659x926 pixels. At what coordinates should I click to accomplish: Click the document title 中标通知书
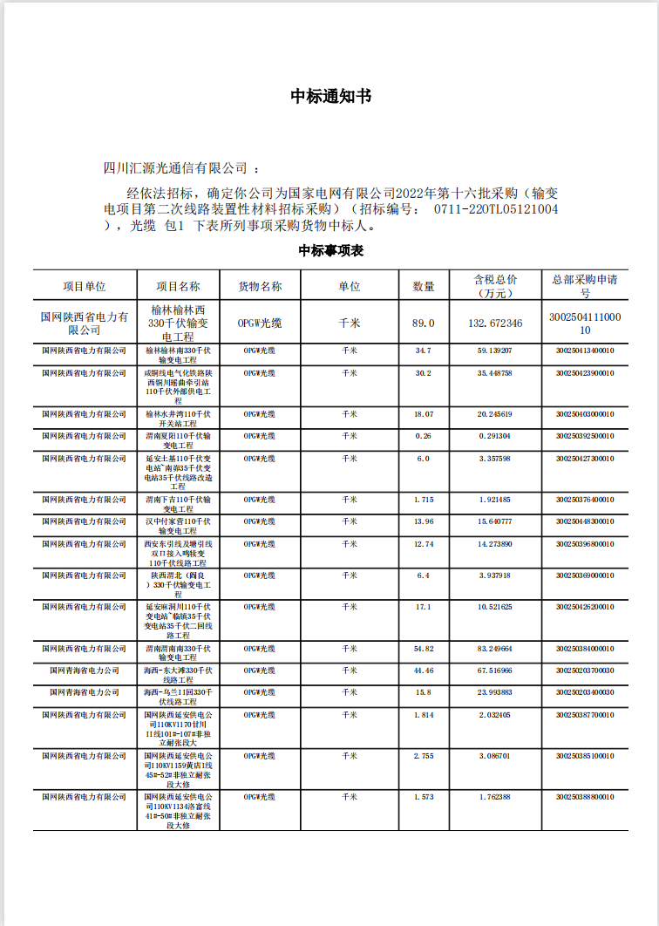click(x=330, y=96)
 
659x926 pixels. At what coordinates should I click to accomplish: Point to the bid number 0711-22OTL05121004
click(x=496, y=209)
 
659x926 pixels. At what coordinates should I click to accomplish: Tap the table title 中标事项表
click(x=330, y=251)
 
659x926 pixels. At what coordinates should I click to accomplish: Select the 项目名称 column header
click(x=178, y=286)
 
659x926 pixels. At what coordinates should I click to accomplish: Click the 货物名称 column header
click(x=260, y=286)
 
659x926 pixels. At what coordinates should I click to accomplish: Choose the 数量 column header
click(x=424, y=286)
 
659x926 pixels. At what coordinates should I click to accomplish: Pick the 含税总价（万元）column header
click(x=495, y=286)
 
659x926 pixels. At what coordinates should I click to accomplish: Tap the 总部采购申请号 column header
click(x=585, y=286)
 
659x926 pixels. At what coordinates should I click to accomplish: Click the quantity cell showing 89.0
click(x=424, y=323)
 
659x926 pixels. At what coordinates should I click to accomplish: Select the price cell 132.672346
click(x=495, y=323)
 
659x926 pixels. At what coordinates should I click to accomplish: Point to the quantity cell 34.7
click(x=424, y=351)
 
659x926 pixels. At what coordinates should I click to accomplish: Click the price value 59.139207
click(x=495, y=351)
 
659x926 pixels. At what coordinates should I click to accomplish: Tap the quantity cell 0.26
click(x=424, y=435)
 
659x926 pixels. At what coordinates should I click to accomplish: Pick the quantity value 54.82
click(x=424, y=649)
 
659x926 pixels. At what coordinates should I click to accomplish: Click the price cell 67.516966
click(x=495, y=671)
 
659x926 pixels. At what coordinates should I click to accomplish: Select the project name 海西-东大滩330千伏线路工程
click(x=178, y=675)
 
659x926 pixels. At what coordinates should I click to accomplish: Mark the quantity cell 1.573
click(x=424, y=797)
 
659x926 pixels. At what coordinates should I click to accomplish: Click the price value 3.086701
click(x=495, y=756)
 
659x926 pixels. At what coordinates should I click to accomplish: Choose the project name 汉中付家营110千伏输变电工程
click(x=178, y=526)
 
